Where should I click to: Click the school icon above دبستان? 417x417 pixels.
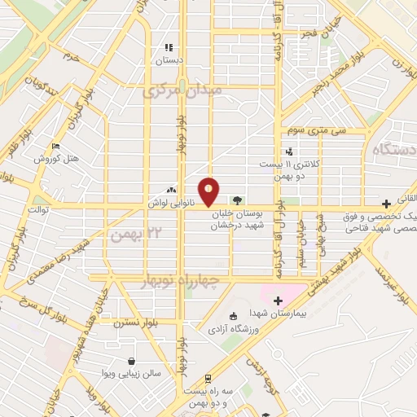169,47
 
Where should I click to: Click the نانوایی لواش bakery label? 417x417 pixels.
169,199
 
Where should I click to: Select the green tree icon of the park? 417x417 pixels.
237,200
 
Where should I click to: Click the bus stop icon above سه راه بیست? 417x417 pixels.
208,377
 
